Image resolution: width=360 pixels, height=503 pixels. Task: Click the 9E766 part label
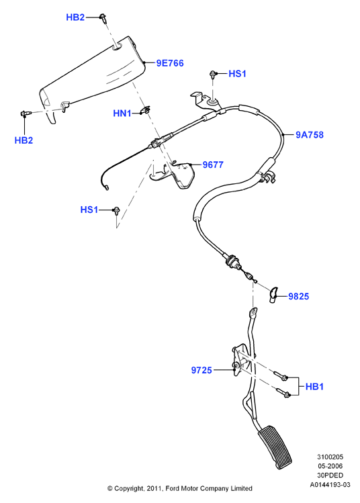(x=170, y=63)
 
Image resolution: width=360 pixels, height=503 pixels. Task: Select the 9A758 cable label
(x=310, y=135)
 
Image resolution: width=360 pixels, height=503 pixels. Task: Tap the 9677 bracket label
(x=213, y=165)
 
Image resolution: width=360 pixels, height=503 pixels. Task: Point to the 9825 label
(x=298, y=296)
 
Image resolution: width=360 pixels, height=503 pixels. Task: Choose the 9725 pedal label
(x=201, y=370)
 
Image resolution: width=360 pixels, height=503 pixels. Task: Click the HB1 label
(x=314, y=387)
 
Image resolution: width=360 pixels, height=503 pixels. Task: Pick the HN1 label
(x=122, y=113)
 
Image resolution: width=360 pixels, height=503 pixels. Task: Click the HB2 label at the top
(x=75, y=17)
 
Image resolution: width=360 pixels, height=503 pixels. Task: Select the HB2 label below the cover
(x=24, y=140)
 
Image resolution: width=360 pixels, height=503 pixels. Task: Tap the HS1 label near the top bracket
(x=237, y=74)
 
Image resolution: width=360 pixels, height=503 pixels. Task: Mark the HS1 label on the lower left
(x=89, y=210)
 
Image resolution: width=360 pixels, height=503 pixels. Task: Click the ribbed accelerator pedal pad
(x=275, y=447)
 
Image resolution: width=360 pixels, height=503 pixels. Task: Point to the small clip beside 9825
(x=273, y=295)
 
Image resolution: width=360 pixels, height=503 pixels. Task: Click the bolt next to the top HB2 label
(x=103, y=18)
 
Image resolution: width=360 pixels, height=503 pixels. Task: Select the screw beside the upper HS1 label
(x=212, y=75)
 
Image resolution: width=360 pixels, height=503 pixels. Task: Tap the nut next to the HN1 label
(x=146, y=110)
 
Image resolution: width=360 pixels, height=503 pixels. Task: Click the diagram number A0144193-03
(x=330, y=484)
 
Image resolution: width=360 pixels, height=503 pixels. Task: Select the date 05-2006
(x=330, y=466)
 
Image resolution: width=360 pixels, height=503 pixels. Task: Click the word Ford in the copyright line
(x=173, y=488)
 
